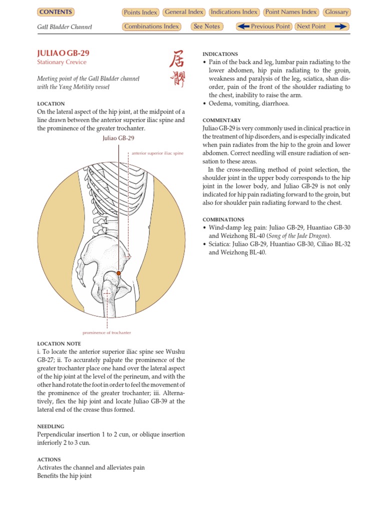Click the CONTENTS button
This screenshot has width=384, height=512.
[56, 12]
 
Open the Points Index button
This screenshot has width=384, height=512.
[140, 12]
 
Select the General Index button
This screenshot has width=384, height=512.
[183, 12]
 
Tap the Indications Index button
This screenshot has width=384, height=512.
[234, 12]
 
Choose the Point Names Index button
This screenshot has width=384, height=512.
[291, 12]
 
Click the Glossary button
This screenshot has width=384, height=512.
[336, 12]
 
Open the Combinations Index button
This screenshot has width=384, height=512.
[151, 26]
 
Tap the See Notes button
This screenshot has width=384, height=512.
[207, 26]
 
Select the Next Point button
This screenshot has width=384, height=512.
[321, 26]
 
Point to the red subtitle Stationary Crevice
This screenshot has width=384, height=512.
[61, 62]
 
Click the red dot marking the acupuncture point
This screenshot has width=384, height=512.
[119, 273]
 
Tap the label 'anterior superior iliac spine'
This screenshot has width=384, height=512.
[157, 153]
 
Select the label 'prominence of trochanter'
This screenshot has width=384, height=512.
[107, 332]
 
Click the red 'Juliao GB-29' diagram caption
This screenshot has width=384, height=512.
[118, 138]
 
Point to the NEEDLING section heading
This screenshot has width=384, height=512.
[50, 426]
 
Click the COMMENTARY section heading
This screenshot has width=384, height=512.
[221, 120]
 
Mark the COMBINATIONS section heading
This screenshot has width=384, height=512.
[223, 219]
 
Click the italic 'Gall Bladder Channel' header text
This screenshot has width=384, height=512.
[64, 27]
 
